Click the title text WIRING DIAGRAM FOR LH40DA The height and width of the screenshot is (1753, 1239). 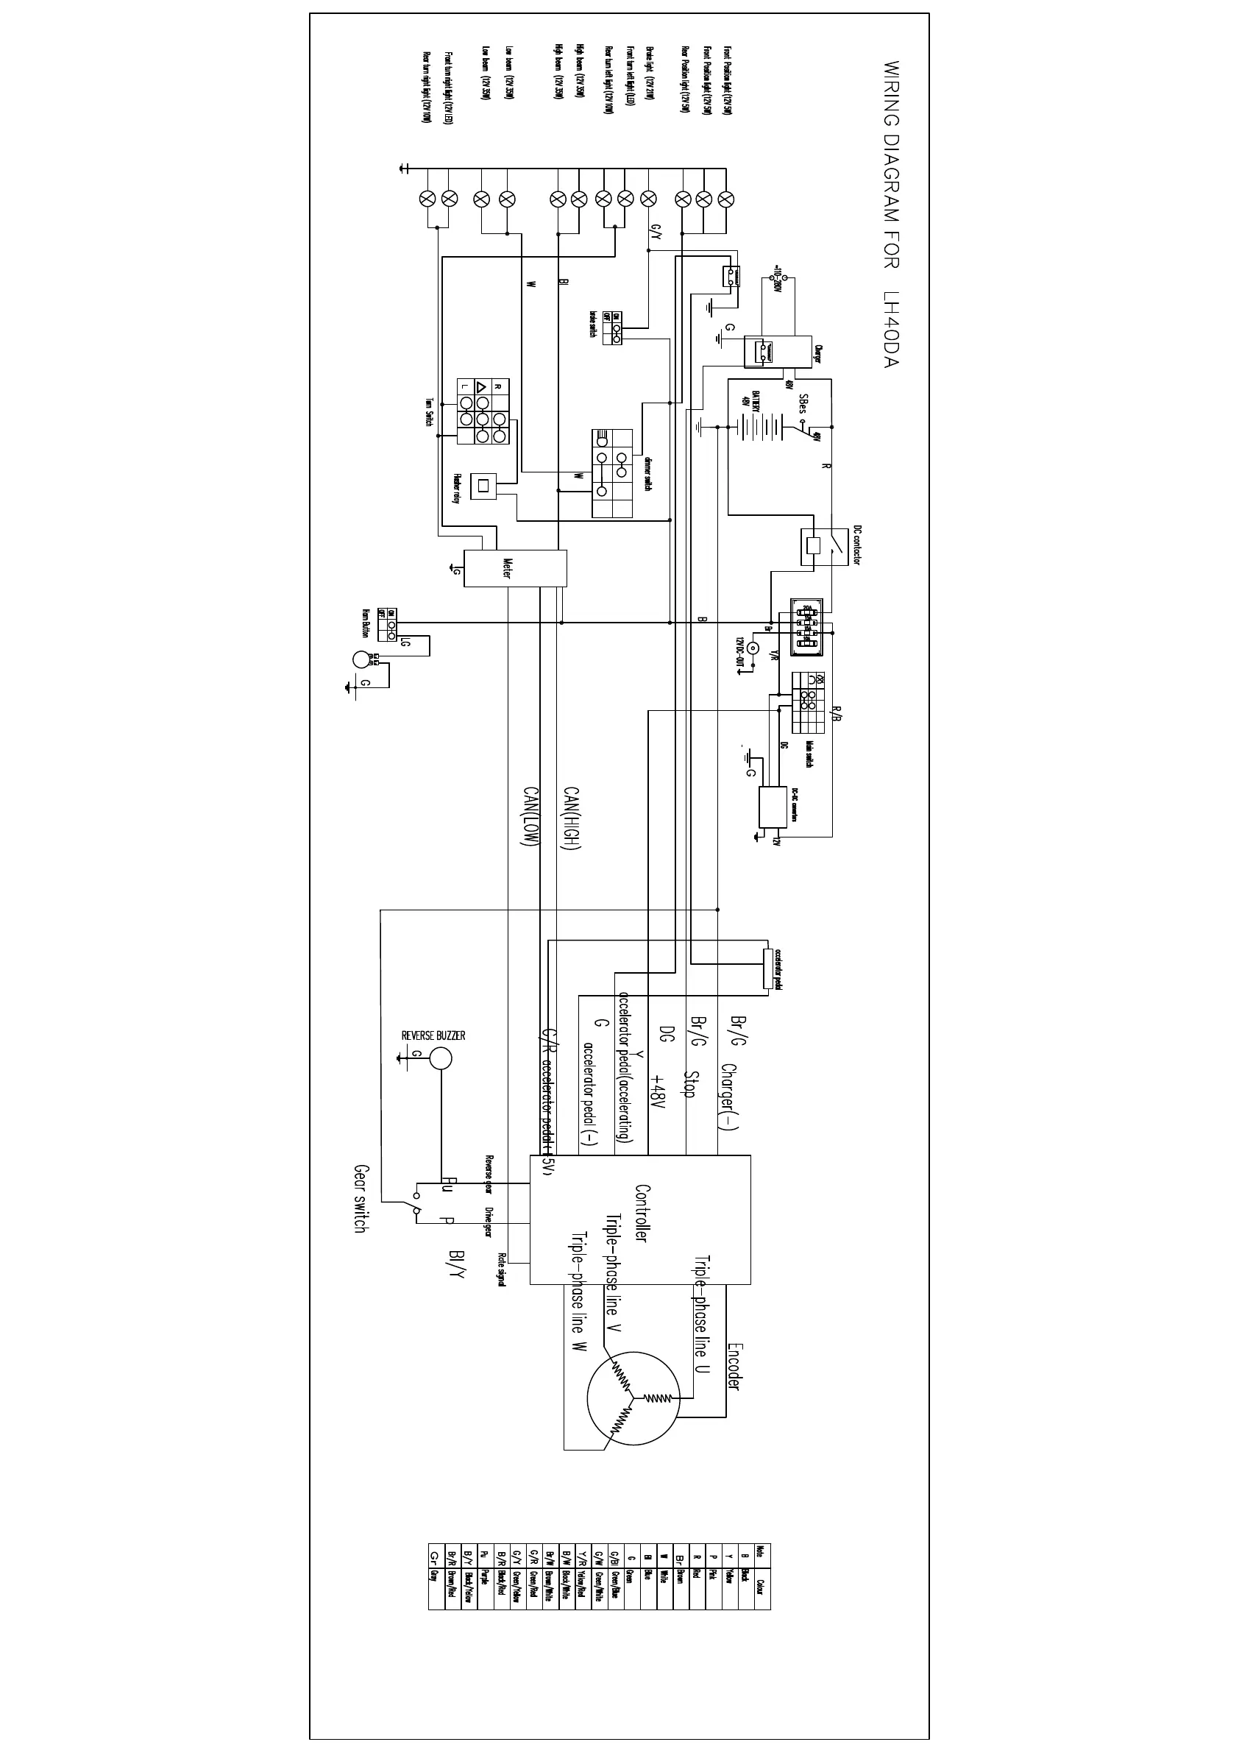pos(892,215)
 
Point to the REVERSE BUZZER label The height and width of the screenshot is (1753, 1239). pos(433,1035)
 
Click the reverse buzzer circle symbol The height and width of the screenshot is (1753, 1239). pos(440,1058)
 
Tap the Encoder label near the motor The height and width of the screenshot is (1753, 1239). pos(734,1367)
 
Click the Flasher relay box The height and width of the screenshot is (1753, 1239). pos(483,486)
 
